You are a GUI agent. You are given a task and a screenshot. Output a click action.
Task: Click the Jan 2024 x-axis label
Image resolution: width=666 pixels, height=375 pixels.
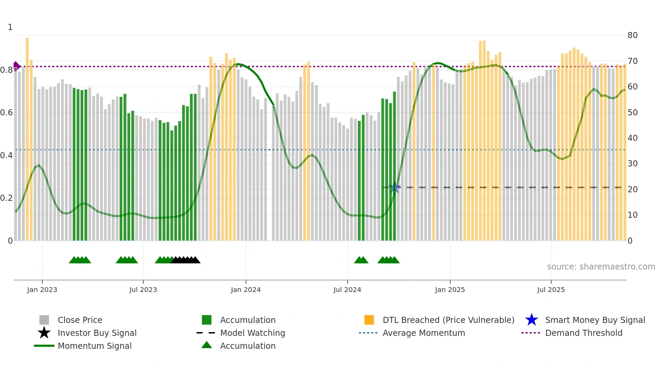pyautogui.click(x=246, y=290)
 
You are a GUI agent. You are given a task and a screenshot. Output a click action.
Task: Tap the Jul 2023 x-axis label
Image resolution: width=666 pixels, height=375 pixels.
pyautogui.click(x=143, y=290)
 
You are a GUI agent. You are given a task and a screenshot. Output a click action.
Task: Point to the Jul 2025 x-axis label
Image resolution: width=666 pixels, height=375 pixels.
pyautogui.click(x=551, y=290)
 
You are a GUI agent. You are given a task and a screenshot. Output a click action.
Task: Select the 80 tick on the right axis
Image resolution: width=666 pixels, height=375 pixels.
pyautogui.click(x=632, y=35)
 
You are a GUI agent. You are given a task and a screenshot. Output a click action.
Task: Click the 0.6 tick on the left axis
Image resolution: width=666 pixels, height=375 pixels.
pyautogui.click(x=6, y=113)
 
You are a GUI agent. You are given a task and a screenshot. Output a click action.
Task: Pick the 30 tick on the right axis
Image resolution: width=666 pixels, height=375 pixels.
pyautogui.click(x=632, y=164)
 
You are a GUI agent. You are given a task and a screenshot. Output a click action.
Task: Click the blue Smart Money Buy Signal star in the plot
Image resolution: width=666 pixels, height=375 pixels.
pyautogui.click(x=395, y=187)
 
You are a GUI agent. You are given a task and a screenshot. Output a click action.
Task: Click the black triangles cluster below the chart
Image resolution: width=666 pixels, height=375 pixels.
pyautogui.click(x=186, y=260)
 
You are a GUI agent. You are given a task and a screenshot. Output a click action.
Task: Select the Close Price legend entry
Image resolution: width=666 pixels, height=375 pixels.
pyautogui.click(x=80, y=320)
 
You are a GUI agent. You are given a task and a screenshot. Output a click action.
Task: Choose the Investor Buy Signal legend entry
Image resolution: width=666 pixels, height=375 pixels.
pyautogui.click(x=97, y=333)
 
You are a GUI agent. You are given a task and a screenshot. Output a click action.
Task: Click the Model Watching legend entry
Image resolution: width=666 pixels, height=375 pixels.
pyautogui.click(x=252, y=333)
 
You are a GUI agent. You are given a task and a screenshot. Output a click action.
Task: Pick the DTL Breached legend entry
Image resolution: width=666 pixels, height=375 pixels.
pyautogui.click(x=448, y=320)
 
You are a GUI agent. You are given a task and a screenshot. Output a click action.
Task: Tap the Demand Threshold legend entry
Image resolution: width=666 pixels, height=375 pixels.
pyautogui.click(x=583, y=333)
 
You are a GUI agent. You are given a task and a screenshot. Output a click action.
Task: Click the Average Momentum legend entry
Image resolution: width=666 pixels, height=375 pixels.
pyautogui.click(x=423, y=333)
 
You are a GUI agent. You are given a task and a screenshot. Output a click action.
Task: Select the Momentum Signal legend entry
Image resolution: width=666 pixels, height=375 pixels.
pyautogui.click(x=94, y=346)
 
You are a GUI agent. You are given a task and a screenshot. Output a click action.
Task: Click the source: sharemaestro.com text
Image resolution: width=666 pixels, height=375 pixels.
pyautogui.click(x=601, y=267)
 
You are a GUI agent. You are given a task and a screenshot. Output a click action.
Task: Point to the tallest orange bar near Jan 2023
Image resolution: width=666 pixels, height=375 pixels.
pyautogui.click(x=27, y=136)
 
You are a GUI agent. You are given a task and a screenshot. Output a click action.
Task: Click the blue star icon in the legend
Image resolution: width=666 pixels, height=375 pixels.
pyautogui.click(x=531, y=320)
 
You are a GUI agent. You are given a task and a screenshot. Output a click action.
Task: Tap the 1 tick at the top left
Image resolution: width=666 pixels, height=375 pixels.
pyautogui.click(x=10, y=27)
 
